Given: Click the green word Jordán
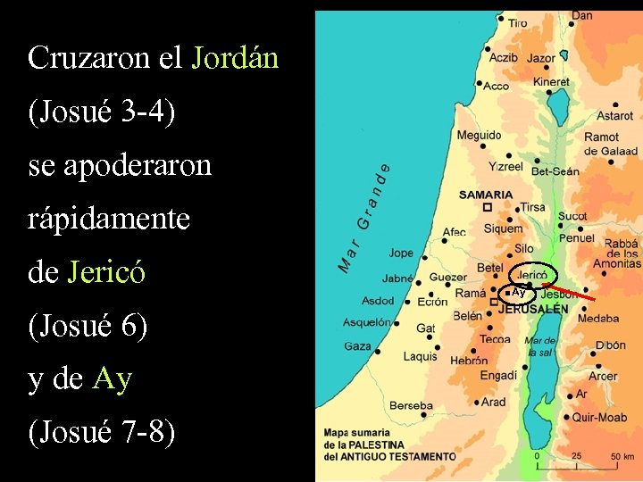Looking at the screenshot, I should (x=236, y=59).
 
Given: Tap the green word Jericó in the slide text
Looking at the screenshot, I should (x=106, y=272).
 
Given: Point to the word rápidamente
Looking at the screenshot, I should (x=109, y=220).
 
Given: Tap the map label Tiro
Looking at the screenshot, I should (x=517, y=23).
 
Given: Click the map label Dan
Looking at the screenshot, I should (x=581, y=15).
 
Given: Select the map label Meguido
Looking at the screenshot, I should (x=479, y=136).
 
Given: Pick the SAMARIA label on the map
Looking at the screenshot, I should (x=486, y=195).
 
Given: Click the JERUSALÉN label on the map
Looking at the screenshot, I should (x=533, y=309).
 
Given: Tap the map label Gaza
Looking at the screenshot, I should (x=357, y=345).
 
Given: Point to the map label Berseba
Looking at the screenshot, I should (x=411, y=405).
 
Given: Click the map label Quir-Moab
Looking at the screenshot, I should (x=599, y=416).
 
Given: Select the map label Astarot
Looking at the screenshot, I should (x=614, y=116).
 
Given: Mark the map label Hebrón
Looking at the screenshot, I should (x=469, y=361).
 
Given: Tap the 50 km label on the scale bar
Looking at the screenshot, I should (x=622, y=456).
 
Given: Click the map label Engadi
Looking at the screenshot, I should (x=498, y=376).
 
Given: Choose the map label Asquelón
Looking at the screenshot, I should (x=368, y=322).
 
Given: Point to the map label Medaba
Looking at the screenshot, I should (x=597, y=319).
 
